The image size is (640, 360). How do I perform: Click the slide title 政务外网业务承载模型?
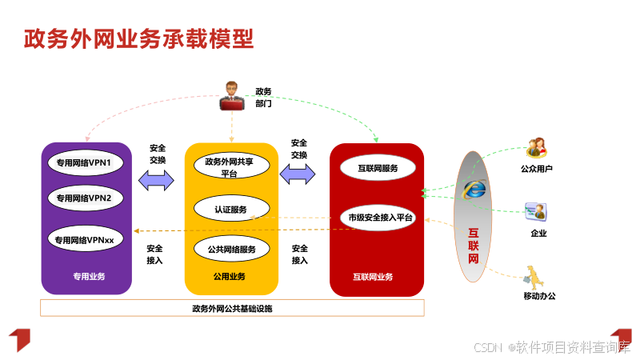click(x=138, y=38)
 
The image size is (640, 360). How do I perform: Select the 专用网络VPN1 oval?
click(x=89, y=163)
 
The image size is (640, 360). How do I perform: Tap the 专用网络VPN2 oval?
click(x=89, y=198)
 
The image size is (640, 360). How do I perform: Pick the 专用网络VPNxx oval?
click(x=89, y=239)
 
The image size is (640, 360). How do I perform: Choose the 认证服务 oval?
click(x=231, y=210)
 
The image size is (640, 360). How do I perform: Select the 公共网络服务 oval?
click(x=231, y=249)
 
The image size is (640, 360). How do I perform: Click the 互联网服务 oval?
click(x=377, y=168)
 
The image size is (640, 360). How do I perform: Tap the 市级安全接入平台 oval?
click(x=377, y=217)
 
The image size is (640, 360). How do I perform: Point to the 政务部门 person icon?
click(x=232, y=96)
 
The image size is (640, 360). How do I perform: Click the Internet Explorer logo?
click(x=474, y=190)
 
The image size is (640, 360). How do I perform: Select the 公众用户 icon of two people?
click(x=536, y=148)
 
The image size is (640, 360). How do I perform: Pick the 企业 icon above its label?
click(x=536, y=212)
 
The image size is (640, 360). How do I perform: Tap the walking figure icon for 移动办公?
click(x=534, y=276)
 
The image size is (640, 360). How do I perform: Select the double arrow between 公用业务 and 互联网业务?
click(x=298, y=175)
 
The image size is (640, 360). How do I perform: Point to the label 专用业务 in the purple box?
click(x=89, y=277)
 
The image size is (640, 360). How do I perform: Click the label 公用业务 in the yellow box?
click(x=230, y=277)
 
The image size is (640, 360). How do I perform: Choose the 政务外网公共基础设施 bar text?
click(x=232, y=308)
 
